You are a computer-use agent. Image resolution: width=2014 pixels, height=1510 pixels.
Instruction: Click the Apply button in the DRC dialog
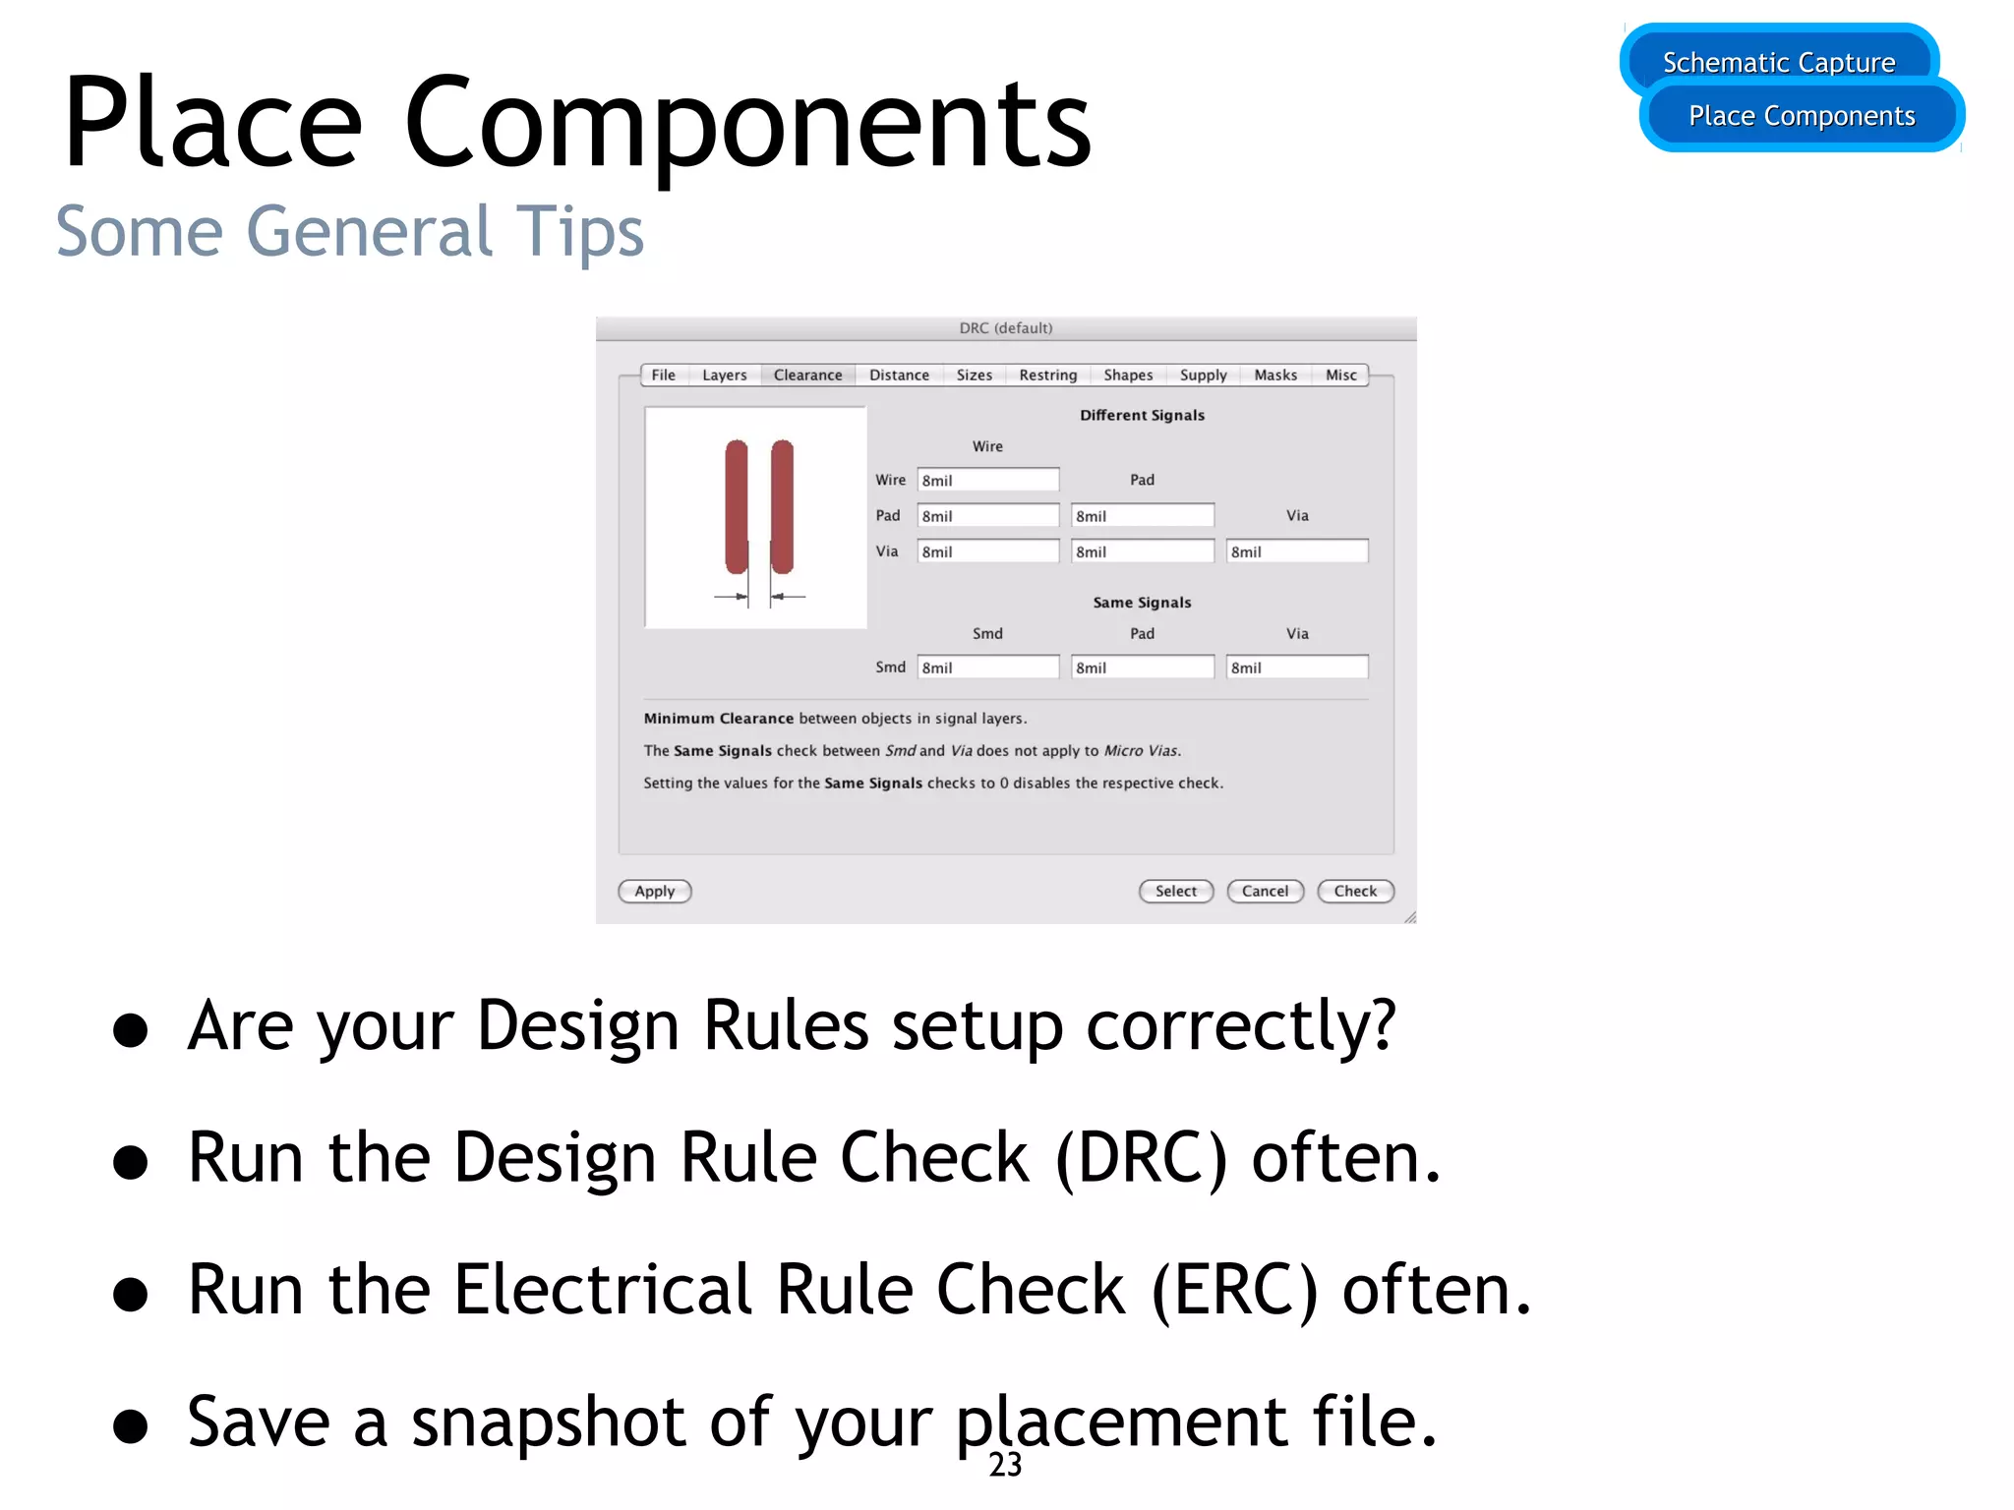[x=654, y=891]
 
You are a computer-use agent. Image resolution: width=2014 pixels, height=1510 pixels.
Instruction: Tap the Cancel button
[x=1265, y=891]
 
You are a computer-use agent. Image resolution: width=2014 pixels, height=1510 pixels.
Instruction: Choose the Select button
[x=1176, y=891]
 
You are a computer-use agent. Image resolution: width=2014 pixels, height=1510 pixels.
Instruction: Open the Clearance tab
[x=807, y=375]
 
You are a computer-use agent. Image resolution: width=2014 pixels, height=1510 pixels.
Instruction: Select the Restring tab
[x=1047, y=375]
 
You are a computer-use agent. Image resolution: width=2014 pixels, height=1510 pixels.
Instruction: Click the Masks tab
[x=1275, y=375]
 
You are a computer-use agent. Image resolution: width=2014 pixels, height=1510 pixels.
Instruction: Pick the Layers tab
[x=725, y=375]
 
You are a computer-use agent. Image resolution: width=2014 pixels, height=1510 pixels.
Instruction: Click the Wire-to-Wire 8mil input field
[x=987, y=480]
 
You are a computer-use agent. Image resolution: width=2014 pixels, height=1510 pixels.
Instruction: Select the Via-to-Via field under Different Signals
[x=1296, y=552]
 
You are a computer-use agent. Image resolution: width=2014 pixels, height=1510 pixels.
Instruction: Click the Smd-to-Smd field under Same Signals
[x=987, y=668]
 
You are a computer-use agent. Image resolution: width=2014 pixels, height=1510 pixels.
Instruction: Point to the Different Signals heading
[x=1142, y=415]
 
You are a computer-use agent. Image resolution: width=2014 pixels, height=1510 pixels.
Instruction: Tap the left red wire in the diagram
[x=736, y=506]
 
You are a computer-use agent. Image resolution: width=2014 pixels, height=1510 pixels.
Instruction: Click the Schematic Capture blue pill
[x=1778, y=62]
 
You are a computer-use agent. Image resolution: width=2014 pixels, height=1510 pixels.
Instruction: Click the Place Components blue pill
[x=1802, y=116]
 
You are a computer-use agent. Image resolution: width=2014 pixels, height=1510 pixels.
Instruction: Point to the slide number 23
[x=1005, y=1465]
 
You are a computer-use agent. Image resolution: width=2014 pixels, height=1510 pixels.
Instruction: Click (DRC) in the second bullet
[x=1141, y=1158]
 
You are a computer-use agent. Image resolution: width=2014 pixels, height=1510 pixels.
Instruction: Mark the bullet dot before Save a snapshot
[x=130, y=1425]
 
